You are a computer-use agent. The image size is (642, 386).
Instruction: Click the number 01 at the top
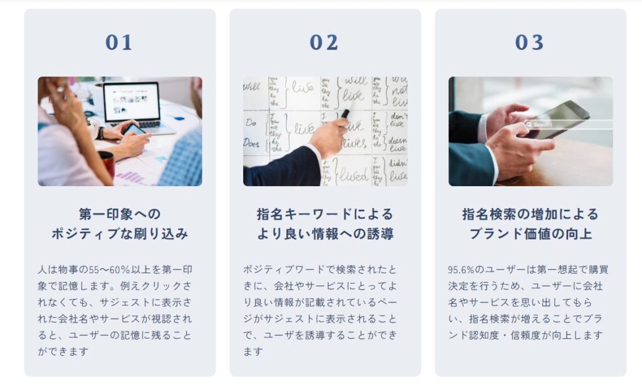[x=119, y=43]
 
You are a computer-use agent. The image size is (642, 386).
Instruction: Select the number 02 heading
[x=324, y=43]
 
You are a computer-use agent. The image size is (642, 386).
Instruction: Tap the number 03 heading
[x=530, y=43]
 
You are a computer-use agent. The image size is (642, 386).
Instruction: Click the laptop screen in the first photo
[x=132, y=102]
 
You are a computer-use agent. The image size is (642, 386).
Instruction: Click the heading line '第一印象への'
[x=120, y=214]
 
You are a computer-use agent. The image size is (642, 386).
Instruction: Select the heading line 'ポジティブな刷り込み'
[x=120, y=234]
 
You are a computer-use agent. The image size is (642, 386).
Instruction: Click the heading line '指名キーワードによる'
[x=325, y=214]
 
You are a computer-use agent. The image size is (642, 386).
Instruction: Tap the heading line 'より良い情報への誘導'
[x=325, y=234]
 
